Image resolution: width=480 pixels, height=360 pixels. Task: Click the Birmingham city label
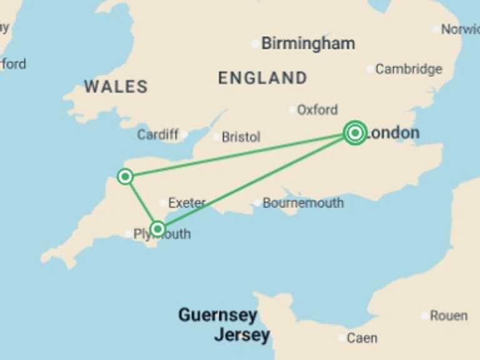coord(308,44)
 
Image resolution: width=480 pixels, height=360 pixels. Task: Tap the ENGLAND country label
coord(262,78)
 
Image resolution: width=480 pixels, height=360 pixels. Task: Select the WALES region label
coord(116,87)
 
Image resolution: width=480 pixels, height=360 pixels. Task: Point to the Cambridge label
coord(409,69)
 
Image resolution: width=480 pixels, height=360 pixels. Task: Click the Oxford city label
coord(317,110)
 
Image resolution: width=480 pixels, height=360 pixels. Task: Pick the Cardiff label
coord(157,134)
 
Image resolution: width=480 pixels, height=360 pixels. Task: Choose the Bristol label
coord(241,137)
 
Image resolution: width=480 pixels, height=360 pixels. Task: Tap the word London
coord(393,133)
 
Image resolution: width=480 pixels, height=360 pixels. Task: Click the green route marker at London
coord(355,132)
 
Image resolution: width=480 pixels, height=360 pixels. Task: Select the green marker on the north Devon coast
coord(125,177)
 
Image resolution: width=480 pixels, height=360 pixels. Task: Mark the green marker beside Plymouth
coord(157,229)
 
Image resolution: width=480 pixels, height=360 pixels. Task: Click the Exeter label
coord(187,203)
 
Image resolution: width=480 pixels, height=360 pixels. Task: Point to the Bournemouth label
coord(303,203)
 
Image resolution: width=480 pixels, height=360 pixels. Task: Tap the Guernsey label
coord(217,315)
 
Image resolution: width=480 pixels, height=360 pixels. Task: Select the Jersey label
coord(242,335)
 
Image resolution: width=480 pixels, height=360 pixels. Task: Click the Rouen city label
coord(449,316)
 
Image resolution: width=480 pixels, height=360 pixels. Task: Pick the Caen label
coord(362,338)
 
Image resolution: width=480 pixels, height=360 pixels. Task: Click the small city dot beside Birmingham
coord(255,44)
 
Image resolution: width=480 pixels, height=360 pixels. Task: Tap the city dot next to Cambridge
coord(370,69)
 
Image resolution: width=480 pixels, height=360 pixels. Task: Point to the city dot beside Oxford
coord(292,110)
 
